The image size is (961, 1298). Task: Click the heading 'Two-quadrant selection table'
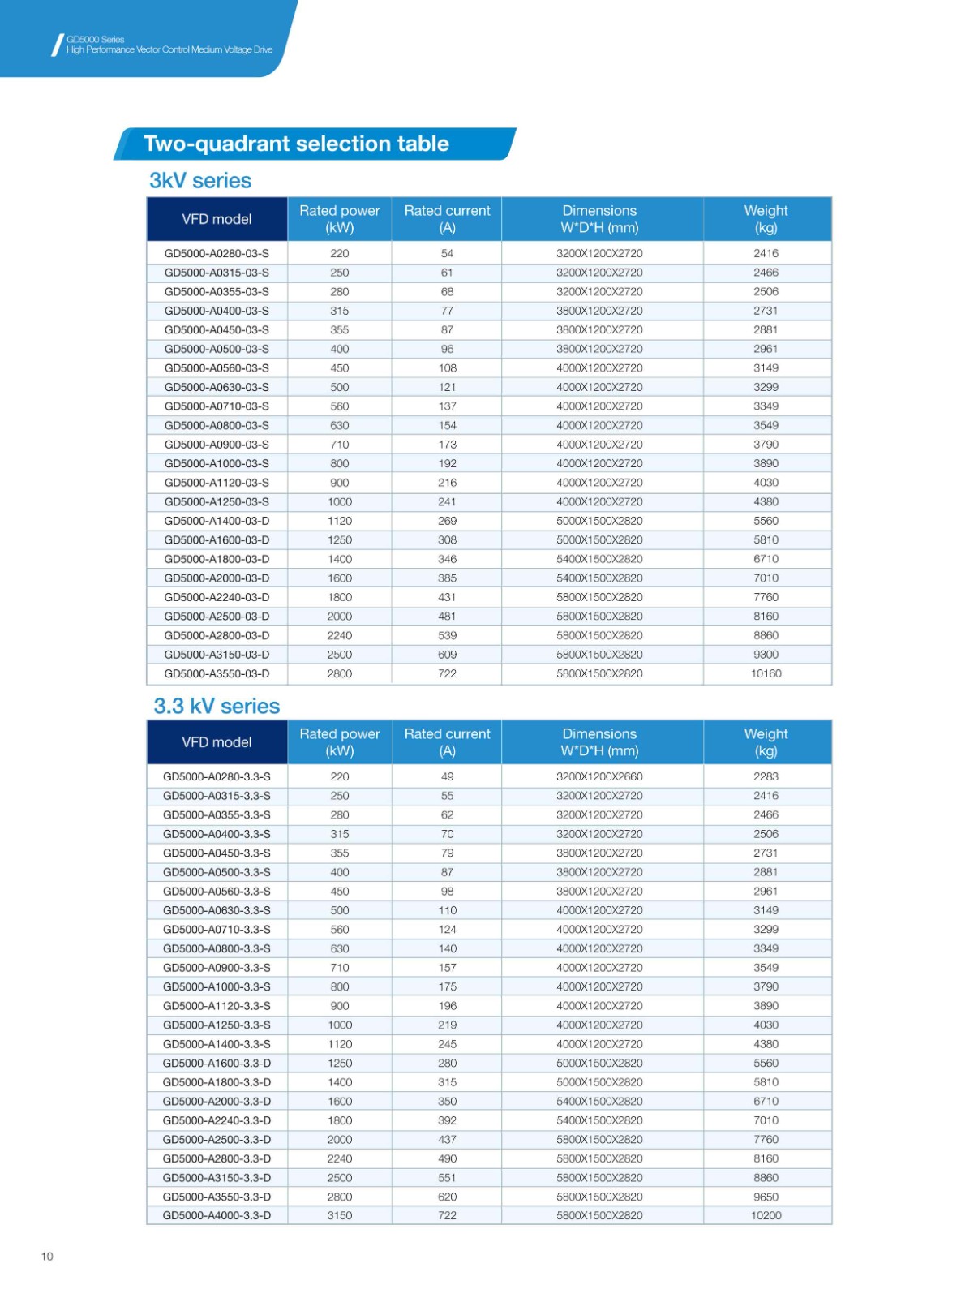(296, 144)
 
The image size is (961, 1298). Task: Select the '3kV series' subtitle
(200, 180)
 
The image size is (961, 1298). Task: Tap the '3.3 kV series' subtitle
(217, 706)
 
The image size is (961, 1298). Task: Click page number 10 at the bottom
(47, 1256)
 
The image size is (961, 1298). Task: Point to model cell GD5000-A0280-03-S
(217, 253)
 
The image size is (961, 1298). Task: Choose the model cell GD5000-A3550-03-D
(217, 673)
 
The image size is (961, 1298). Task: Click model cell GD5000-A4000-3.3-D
(217, 1215)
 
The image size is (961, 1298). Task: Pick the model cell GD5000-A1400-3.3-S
(217, 1044)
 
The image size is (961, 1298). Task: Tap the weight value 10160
(766, 673)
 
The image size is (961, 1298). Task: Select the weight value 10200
(766, 1215)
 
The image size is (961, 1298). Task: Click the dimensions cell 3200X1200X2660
(599, 776)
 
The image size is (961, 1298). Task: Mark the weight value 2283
(766, 776)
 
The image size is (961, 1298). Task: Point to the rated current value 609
(447, 655)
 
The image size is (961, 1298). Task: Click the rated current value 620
(447, 1197)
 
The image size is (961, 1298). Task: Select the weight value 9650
(766, 1197)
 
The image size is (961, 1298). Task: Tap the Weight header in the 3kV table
(766, 219)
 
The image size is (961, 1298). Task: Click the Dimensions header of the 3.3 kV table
(599, 742)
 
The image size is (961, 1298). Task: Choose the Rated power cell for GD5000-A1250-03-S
(340, 501)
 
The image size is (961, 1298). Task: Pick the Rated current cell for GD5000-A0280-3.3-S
(447, 776)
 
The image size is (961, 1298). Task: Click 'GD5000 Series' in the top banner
(96, 39)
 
